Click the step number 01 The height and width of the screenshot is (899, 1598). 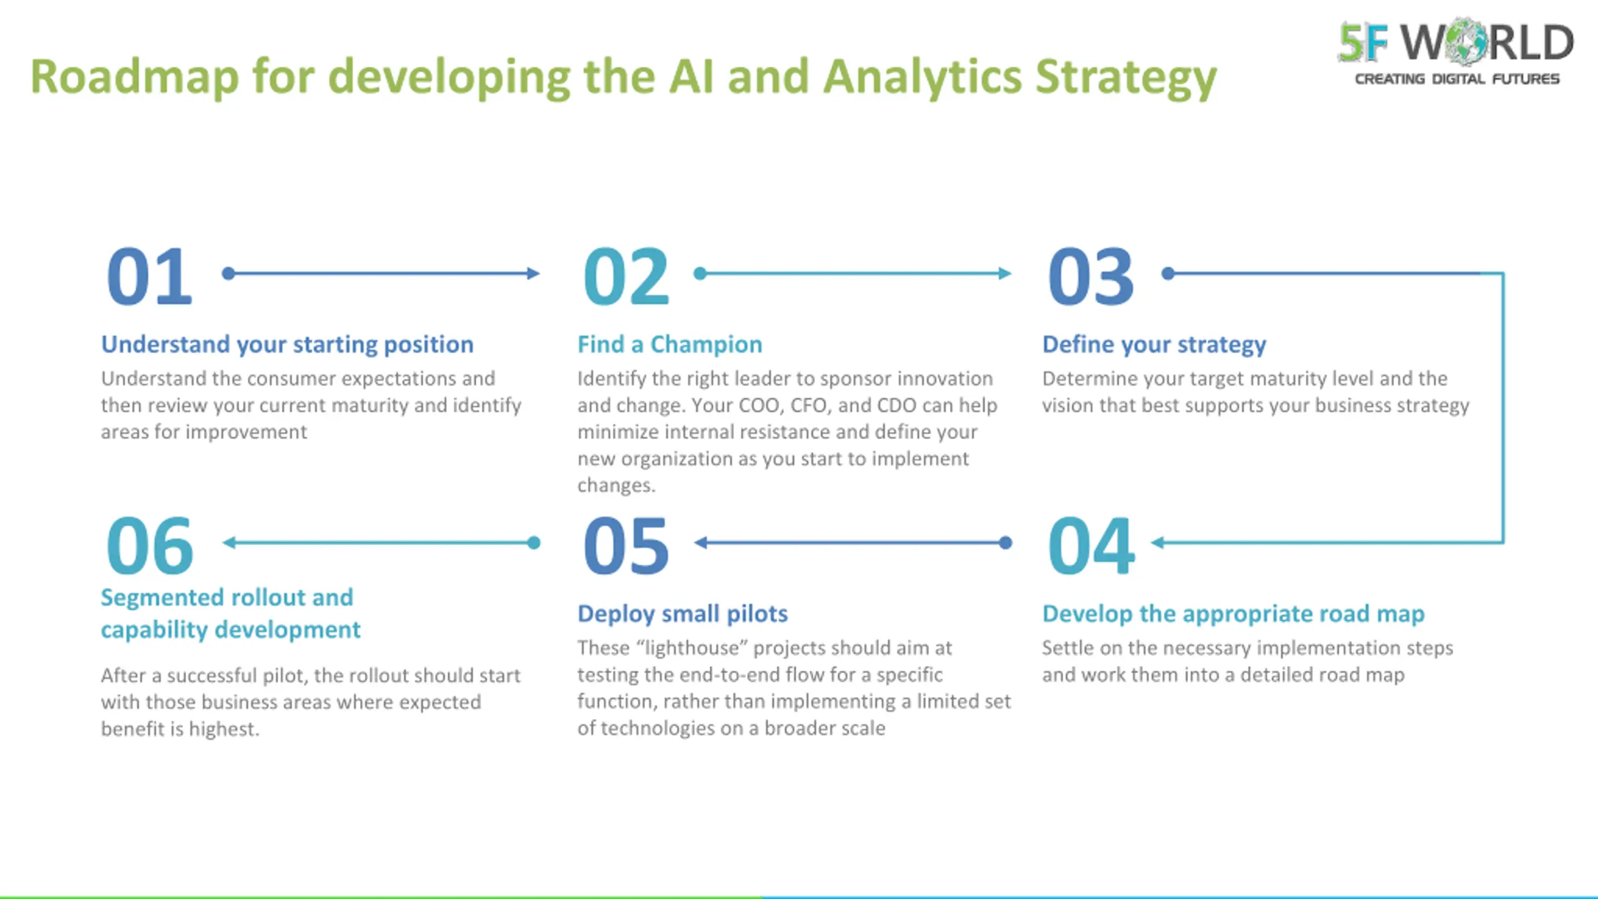149,276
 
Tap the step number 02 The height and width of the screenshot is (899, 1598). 626,276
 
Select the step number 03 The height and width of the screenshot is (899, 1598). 1091,276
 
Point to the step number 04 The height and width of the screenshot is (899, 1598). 1091,545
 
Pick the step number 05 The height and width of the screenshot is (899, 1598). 626,545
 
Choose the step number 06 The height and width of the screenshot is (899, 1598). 149,545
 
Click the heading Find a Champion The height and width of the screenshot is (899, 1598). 670,344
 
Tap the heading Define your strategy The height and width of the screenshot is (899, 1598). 1154,344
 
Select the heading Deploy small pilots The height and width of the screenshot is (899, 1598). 682,614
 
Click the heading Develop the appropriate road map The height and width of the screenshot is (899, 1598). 1233,614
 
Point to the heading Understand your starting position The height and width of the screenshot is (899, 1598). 287,344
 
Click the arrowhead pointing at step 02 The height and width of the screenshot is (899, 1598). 534,273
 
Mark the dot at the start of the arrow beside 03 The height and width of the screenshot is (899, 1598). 1168,273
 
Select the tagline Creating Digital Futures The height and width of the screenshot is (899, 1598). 1457,79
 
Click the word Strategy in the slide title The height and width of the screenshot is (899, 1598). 1126,77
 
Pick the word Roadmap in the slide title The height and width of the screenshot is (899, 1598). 135,77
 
